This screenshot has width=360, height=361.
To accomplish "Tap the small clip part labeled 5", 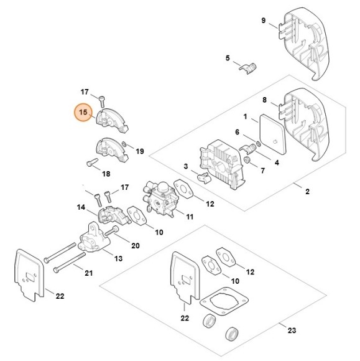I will pos(249,67).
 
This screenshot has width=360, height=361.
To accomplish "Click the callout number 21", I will pos(88,273).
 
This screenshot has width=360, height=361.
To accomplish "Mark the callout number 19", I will pos(139,151).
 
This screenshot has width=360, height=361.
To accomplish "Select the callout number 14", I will pos(81,206).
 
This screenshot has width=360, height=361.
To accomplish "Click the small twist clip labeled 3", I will pos(201,178).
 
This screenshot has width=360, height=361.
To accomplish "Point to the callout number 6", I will pos(237,132).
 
